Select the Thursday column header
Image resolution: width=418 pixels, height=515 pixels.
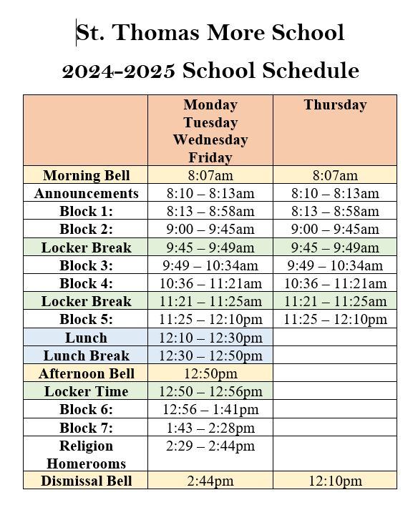point(335,105)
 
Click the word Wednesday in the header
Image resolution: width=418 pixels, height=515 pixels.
point(210,139)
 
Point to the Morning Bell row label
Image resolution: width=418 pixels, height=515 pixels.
point(86,175)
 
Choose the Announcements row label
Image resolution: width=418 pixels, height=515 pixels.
point(86,193)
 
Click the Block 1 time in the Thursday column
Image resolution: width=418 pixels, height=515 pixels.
point(335,211)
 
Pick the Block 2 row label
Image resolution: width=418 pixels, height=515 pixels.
point(86,229)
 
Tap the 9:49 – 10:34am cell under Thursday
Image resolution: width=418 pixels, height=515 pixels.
point(335,265)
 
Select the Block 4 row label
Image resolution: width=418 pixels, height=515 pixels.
point(86,283)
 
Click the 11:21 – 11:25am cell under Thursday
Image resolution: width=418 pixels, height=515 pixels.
point(335,301)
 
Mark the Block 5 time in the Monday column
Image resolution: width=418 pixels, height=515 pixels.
point(210,319)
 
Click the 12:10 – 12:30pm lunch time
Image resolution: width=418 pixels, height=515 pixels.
point(210,338)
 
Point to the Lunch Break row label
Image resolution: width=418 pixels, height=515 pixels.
point(86,355)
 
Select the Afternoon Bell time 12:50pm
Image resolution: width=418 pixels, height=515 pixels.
point(210,373)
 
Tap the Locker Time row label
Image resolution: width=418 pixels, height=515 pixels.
point(86,391)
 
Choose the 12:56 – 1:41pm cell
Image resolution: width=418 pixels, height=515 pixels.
point(210,410)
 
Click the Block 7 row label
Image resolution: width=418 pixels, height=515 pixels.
point(86,428)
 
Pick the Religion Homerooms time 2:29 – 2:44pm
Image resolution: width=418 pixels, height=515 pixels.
point(210,446)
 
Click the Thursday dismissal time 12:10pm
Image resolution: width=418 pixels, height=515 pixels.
point(335,481)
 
